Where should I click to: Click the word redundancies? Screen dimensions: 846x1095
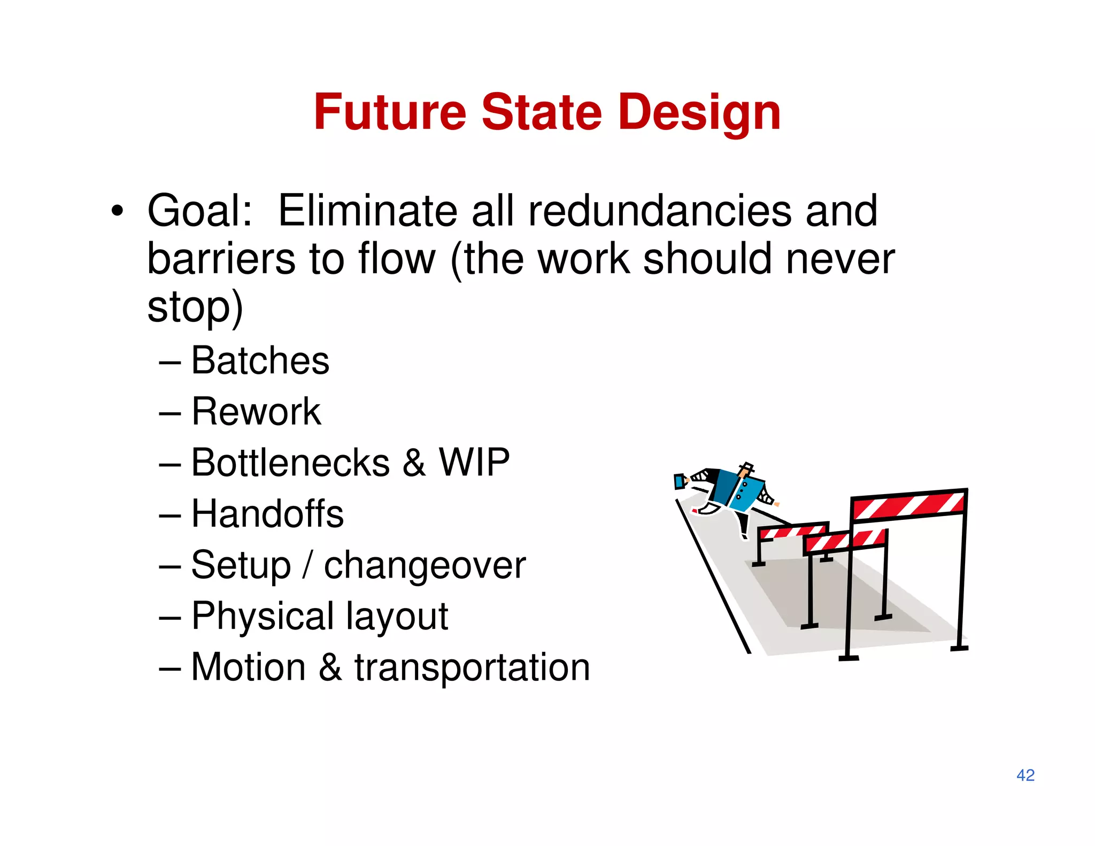(x=660, y=211)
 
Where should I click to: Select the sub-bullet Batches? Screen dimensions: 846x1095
(x=260, y=360)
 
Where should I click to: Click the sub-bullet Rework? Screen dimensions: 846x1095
(x=256, y=412)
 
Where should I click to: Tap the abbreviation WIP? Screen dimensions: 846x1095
(x=474, y=463)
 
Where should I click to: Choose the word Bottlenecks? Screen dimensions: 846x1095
(x=290, y=463)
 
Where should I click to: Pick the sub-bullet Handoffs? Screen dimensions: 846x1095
(x=267, y=514)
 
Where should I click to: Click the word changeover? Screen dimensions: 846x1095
(x=425, y=565)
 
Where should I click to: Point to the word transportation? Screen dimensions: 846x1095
(x=472, y=667)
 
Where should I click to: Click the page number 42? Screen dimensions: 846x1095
(x=1025, y=775)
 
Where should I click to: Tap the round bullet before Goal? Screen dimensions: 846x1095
(x=117, y=212)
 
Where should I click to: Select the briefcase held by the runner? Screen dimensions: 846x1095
(x=679, y=481)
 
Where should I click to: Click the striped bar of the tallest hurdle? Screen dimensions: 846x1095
(x=908, y=505)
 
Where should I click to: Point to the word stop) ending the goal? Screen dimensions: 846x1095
(x=195, y=308)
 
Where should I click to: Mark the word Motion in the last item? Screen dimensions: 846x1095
(x=249, y=667)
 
